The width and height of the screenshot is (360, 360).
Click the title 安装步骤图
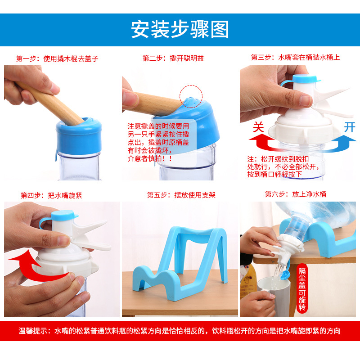(x=180, y=29)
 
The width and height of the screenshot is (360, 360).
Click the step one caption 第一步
(x=57, y=58)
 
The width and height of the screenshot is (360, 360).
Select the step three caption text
(x=295, y=58)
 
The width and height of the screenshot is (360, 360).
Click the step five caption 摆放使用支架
(x=181, y=195)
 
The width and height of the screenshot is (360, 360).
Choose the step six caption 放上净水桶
(x=295, y=194)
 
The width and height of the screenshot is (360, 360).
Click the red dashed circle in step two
(x=191, y=95)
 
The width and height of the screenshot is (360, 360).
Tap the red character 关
(x=258, y=127)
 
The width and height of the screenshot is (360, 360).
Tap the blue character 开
(x=349, y=127)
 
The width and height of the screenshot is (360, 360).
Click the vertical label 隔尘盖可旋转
(x=302, y=288)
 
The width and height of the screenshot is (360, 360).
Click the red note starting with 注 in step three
(x=283, y=166)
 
